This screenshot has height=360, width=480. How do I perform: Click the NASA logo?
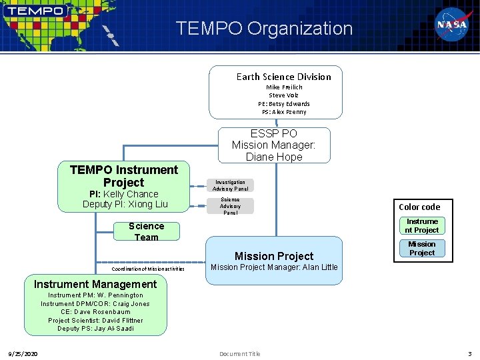click(452, 25)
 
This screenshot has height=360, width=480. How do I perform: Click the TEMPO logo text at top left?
click(37, 11)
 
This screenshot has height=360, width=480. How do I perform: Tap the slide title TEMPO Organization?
click(264, 29)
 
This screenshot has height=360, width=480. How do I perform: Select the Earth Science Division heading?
click(283, 77)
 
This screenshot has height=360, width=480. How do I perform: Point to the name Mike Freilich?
click(284, 87)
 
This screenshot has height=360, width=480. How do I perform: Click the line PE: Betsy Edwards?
click(284, 103)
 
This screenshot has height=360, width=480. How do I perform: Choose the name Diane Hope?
click(274, 157)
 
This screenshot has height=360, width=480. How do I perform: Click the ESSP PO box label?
click(274, 133)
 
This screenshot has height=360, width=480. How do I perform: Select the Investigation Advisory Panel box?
click(229, 185)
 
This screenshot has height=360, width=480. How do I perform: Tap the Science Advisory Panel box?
click(230, 206)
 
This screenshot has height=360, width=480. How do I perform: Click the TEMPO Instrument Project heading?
click(124, 176)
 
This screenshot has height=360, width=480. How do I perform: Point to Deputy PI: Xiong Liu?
click(125, 204)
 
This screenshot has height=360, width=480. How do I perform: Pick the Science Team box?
click(146, 231)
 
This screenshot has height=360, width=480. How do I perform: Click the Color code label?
click(419, 207)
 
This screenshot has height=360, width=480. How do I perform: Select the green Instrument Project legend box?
click(422, 226)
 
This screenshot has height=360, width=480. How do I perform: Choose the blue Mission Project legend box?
click(422, 248)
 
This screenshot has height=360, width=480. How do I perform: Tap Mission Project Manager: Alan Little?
click(274, 267)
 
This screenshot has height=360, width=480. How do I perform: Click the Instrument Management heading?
click(95, 284)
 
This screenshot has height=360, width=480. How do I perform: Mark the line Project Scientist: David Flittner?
click(95, 320)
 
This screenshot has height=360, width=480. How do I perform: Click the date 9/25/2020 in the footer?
click(23, 353)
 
